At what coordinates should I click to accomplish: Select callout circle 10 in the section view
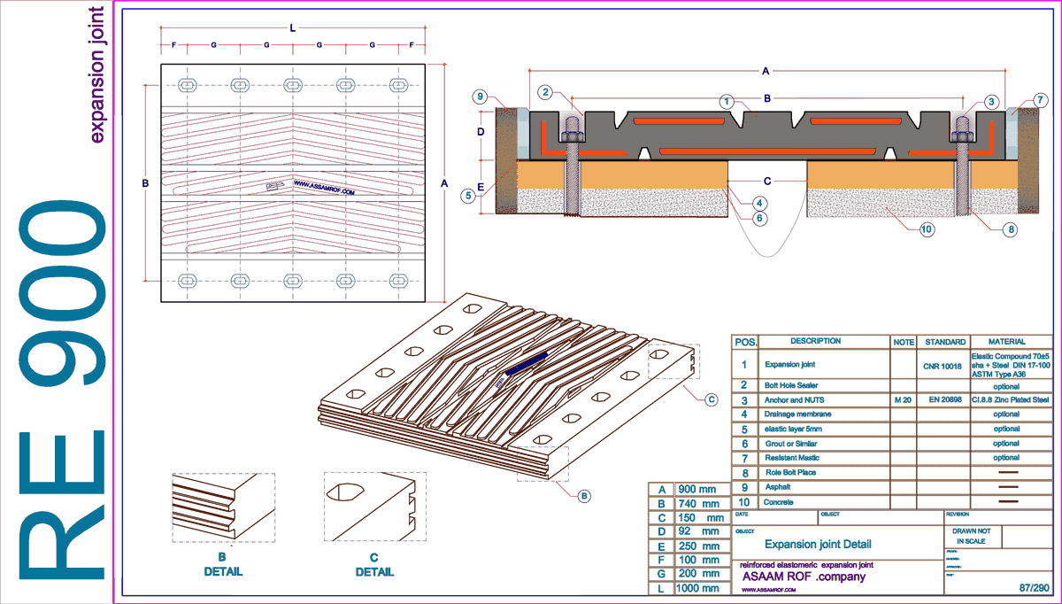click(927, 230)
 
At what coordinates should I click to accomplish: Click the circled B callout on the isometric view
click(584, 497)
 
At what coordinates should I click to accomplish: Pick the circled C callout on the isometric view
click(711, 399)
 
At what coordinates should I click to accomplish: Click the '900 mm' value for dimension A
click(696, 489)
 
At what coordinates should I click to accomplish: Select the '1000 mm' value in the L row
click(697, 588)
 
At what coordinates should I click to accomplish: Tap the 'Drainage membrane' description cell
click(799, 414)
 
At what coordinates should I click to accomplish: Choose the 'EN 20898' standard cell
click(943, 399)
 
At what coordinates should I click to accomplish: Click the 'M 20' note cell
click(903, 399)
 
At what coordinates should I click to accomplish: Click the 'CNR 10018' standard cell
click(943, 363)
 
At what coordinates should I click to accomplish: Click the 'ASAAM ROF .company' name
click(803, 577)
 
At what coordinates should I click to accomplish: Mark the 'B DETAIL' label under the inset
click(223, 564)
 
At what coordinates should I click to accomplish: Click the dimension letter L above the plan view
click(293, 28)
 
